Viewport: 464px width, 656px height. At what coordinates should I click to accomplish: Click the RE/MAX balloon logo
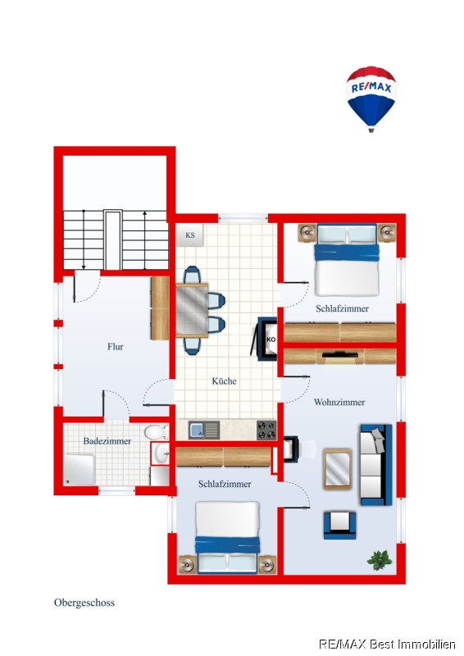point(371,98)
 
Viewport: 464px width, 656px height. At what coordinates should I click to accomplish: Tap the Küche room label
point(225,381)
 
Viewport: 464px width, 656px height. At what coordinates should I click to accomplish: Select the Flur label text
point(116,346)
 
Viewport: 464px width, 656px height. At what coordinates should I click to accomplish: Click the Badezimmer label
point(107,441)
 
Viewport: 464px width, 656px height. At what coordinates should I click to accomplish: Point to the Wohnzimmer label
point(339,402)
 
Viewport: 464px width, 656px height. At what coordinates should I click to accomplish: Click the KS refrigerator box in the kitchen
point(190,235)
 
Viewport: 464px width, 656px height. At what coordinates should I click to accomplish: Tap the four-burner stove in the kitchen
point(266,430)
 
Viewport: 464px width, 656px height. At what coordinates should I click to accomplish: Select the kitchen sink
point(204,430)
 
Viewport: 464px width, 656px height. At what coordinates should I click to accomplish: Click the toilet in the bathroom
point(155,432)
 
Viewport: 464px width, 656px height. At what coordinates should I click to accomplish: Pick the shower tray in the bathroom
point(79,470)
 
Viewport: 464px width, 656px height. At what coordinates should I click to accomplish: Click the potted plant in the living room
point(380,560)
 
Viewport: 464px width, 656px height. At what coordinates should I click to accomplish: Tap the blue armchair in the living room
point(339,526)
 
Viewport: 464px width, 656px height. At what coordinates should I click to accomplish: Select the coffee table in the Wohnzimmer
point(338,469)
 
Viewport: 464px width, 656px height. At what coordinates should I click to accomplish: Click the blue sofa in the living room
point(376,465)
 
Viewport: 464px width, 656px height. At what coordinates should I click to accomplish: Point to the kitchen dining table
point(192,310)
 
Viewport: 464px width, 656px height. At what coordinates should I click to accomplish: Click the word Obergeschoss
point(84,603)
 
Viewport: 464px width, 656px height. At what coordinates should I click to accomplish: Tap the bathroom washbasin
point(161,453)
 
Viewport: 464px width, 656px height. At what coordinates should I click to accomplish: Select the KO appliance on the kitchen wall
point(266,339)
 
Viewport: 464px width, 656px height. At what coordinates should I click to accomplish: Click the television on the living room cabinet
point(339,355)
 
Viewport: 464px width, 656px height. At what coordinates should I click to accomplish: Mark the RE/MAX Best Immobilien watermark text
point(387,645)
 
